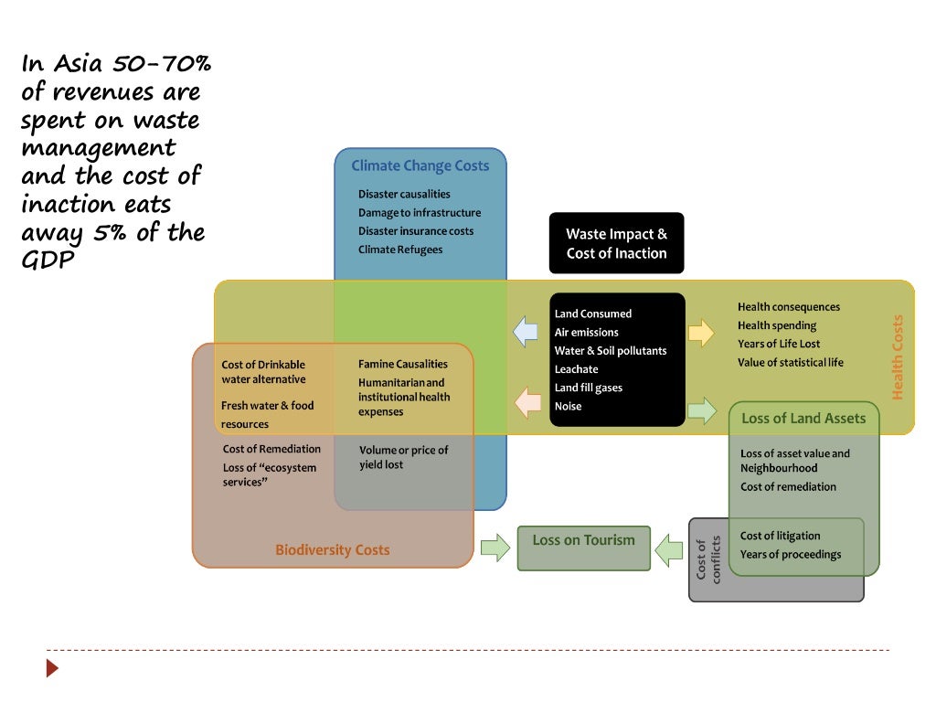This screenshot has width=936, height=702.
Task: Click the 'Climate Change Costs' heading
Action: (x=420, y=166)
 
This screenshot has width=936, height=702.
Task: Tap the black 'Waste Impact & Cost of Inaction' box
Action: (x=616, y=244)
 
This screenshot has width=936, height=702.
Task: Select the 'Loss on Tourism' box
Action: (x=583, y=547)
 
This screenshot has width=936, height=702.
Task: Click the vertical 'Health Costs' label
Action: (x=897, y=357)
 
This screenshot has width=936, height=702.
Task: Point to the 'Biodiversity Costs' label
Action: (x=332, y=550)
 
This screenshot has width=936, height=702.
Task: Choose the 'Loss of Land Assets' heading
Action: (x=803, y=419)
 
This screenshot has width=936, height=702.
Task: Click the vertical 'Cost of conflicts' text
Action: (x=708, y=560)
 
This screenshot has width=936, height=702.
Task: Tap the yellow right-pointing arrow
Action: (x=701, y=333)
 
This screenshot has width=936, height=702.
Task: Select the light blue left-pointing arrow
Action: (x=526, y=332)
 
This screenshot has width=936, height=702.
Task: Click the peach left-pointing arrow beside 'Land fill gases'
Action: (x=526, y=402)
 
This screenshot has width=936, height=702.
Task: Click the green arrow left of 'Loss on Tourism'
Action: (x=495, y=548)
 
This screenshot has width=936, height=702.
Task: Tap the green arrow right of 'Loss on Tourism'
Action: (x=670, y=548)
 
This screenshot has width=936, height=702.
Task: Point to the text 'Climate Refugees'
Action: (x=400, y=250)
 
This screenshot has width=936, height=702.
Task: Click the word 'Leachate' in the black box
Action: (x=576, y=369)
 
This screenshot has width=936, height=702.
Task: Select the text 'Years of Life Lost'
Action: (x=779, y=344)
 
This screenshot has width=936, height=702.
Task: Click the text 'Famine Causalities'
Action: (x=403, y=364)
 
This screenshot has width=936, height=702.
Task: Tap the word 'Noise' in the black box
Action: (x=568, y=406)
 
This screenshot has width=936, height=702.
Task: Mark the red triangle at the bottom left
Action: (x=52, y=668)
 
